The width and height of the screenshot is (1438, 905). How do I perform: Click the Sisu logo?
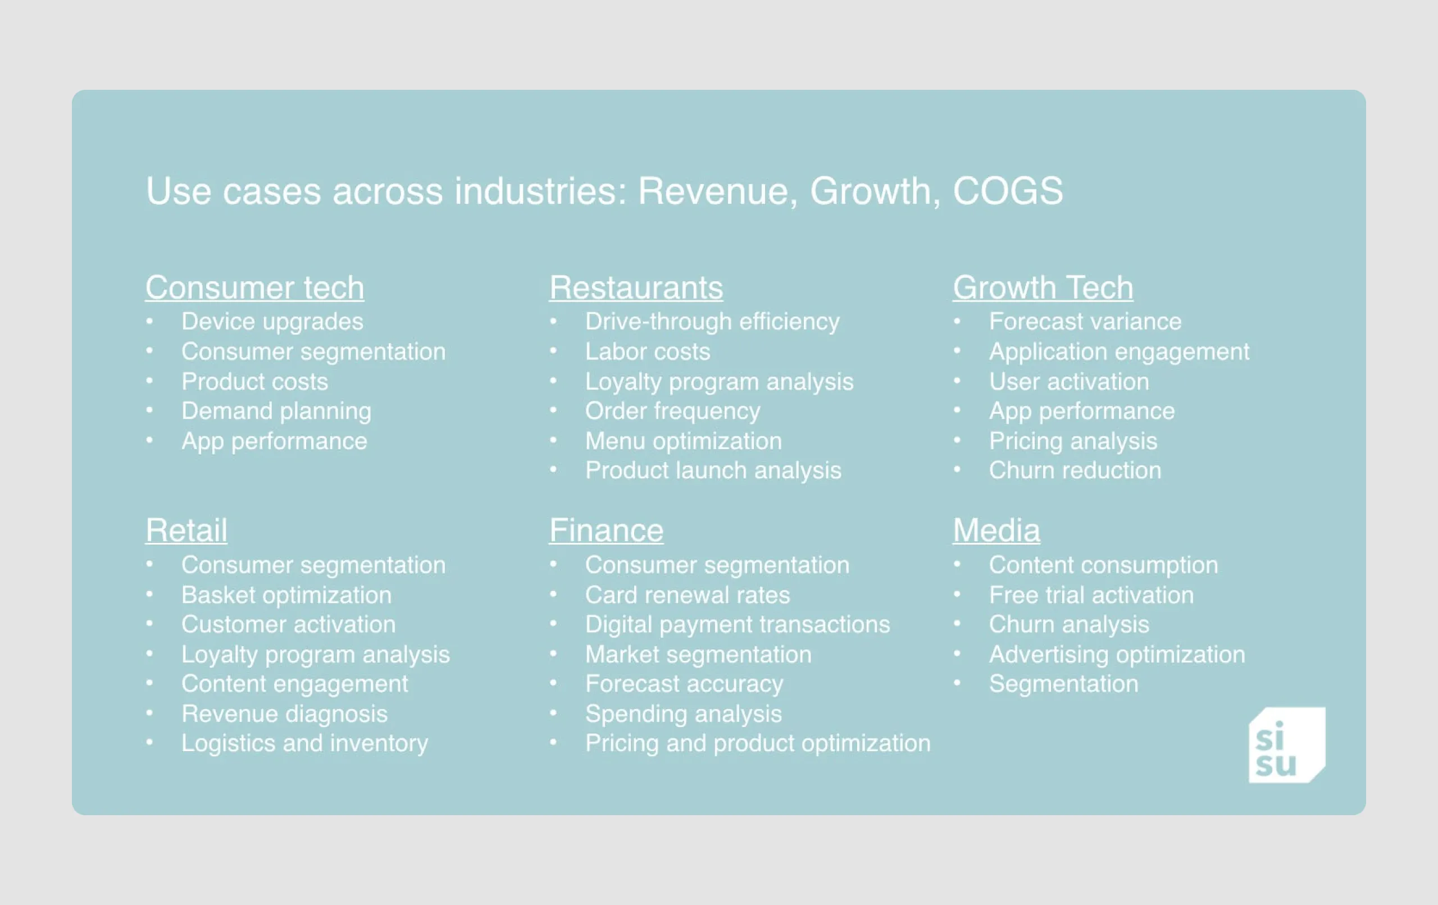click(1286, 744)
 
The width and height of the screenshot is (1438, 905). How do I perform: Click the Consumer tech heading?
click(254, 288)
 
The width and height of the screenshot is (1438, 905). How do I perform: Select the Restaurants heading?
click(636, 288)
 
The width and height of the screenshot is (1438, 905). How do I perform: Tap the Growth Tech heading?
click(1043, 288)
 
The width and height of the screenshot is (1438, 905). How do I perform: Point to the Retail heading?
click(186, 530)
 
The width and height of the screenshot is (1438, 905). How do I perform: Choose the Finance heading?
click(606, 530)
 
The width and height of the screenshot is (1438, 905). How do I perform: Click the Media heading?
click(996, 530)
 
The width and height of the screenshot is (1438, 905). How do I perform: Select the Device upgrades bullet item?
click(272, 322)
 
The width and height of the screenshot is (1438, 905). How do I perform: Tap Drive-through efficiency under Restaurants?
click(712, 322)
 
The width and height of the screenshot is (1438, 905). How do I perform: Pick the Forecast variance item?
click(1085, 322)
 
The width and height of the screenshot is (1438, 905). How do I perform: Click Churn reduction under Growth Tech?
click(1075, 470)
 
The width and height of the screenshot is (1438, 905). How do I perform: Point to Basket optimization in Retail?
click(286, 595)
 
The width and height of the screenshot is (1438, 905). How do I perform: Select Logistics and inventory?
click(304, 743)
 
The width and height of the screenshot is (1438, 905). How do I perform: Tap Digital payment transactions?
click(738, 624)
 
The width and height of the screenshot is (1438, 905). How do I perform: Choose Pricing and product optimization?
click(758, 743)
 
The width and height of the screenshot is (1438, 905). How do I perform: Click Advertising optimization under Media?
click(1117, 654)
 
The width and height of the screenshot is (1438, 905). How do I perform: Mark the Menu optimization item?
click(683, 441)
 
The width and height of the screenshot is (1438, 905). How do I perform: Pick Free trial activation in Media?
click(1091, 595)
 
